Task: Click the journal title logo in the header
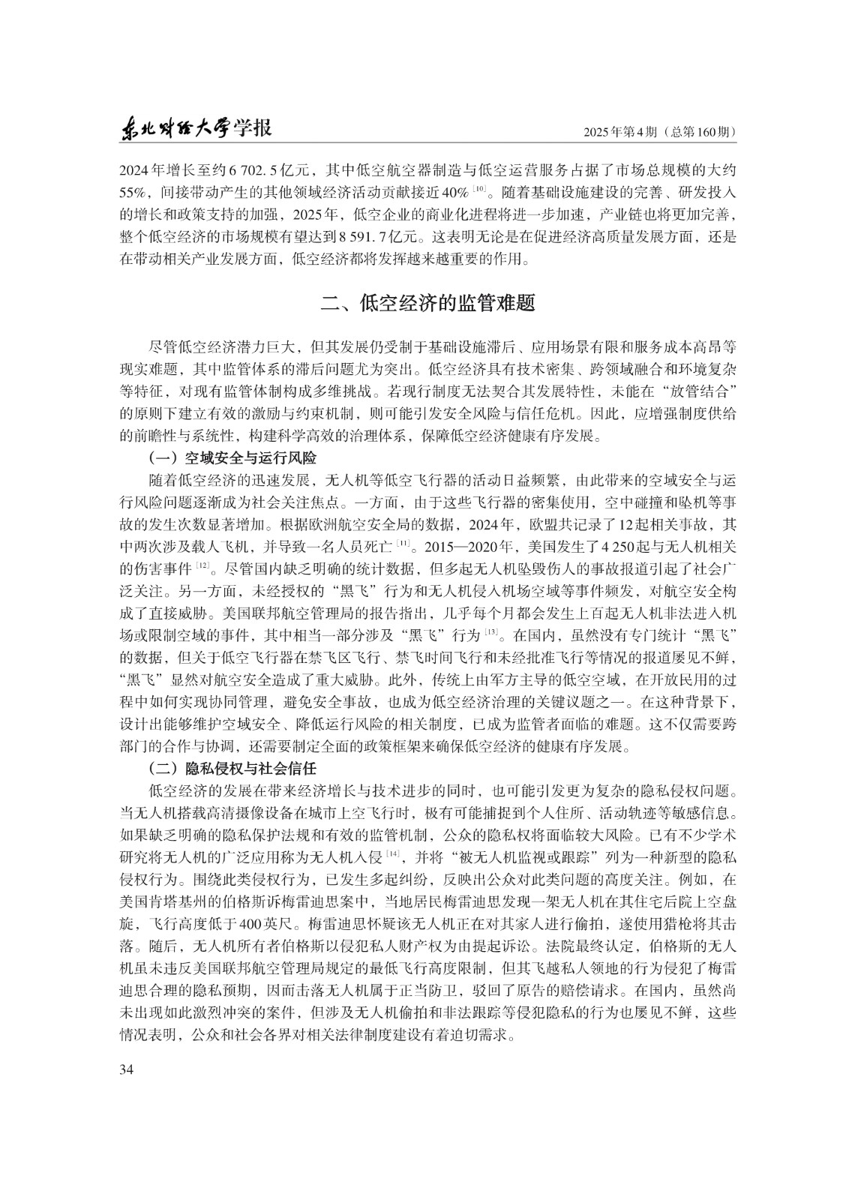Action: coord(196,129)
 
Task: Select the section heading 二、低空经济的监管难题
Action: coord(427,304)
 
